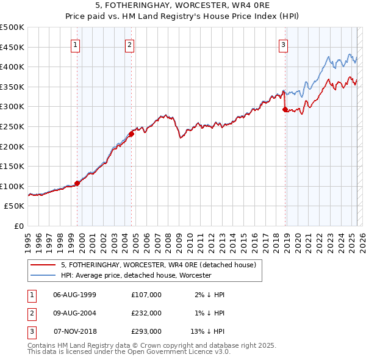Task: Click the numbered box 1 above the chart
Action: [75, 44]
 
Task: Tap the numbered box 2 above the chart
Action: [130, 44]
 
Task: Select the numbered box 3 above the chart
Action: [284, 44]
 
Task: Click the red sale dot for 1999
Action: [77, 183]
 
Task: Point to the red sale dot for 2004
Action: [132, 134]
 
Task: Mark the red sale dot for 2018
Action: [285, 109]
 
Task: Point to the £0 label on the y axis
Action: [18, 226]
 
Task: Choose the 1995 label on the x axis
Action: [29, 239]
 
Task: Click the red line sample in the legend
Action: [43, 265]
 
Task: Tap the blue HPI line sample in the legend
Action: [43, 275]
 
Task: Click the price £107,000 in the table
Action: [146, 295]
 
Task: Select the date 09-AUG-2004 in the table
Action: [75, 313]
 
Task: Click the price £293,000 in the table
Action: [146, 331]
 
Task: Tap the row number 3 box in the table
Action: [30, 331]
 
